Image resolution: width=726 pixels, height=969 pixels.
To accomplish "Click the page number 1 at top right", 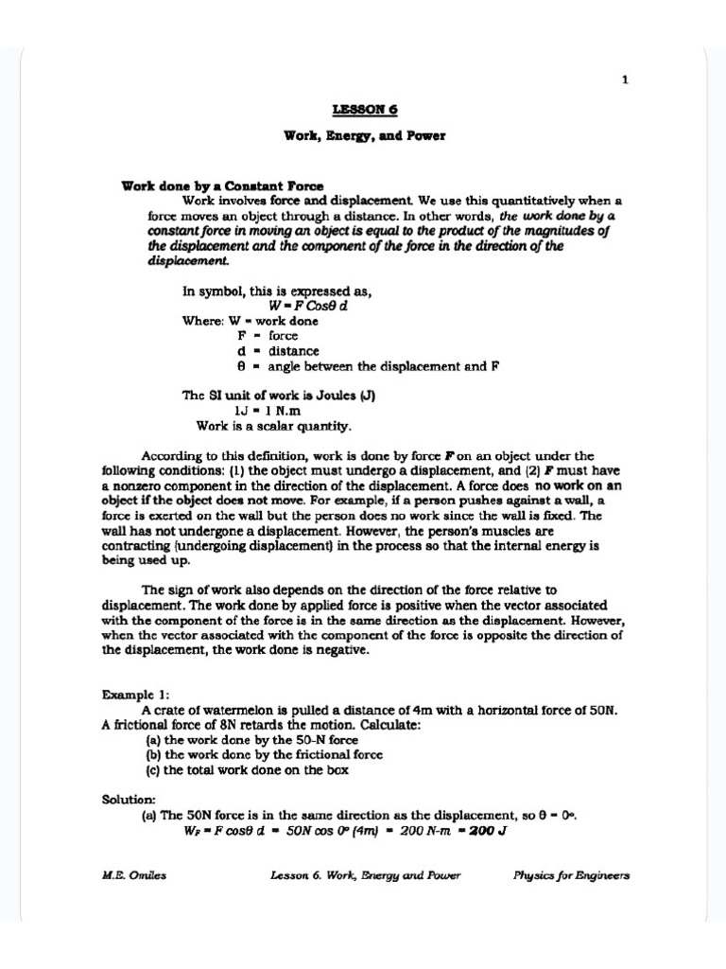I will click(x=624, y=80).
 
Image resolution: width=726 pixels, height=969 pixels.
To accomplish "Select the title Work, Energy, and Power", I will click(x=364, y=135).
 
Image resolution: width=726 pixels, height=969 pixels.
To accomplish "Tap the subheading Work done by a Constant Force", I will click(x=222, y=185).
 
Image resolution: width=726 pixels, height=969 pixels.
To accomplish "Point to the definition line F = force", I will click(x=268, y=335).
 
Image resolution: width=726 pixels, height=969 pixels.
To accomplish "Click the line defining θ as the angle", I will click(x=368, y=365).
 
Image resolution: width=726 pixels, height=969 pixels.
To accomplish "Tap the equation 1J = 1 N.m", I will click(x=267, y=411).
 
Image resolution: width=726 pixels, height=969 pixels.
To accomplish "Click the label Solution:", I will click(x=130, y=800).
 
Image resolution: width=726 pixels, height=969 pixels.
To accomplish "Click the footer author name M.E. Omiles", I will click(x=133, y=875).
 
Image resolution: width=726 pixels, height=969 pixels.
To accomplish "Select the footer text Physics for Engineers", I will click(x=571, y=875).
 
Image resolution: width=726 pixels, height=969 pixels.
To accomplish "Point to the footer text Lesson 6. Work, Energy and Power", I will click(x=365, y=875).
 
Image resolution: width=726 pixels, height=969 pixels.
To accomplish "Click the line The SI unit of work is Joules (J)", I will click(x=279, y=396).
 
